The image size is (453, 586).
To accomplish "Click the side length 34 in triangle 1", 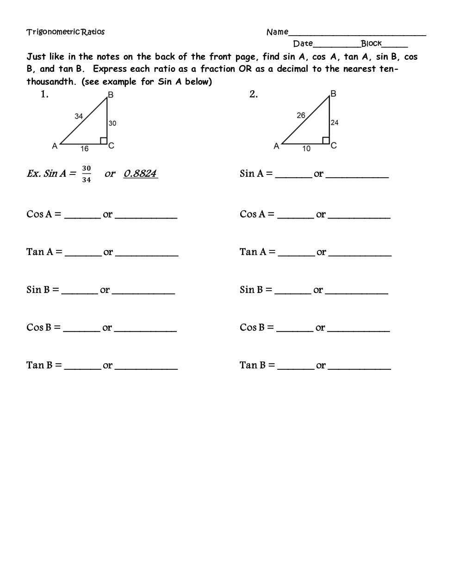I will coord(79,116).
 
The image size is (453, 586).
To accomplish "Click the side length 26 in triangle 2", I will coord(301,115).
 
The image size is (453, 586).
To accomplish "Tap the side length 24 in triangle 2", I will coord(335,123).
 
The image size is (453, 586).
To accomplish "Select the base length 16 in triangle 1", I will coord(84,149).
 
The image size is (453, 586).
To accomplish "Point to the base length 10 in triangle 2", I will coord(306,149).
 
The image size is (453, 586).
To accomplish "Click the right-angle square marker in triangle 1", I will coord(104,141).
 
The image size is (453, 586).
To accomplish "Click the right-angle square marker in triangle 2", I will coord(326,141).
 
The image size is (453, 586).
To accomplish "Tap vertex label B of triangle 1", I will coord(111,95).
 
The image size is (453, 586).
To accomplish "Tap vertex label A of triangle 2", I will coord(276,146).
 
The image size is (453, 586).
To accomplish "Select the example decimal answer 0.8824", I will coord(140,174).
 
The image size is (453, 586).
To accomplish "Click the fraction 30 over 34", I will coord(87,174).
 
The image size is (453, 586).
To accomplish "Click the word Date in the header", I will coord(303,44).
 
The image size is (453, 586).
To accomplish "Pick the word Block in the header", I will coord(371,44).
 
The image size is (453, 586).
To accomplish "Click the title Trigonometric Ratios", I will coord(65,32).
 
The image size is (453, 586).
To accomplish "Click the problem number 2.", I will coord(254,94).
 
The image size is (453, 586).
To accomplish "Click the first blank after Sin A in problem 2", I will coord(293,176).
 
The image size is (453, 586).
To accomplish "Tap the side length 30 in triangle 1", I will coord(112,123).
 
